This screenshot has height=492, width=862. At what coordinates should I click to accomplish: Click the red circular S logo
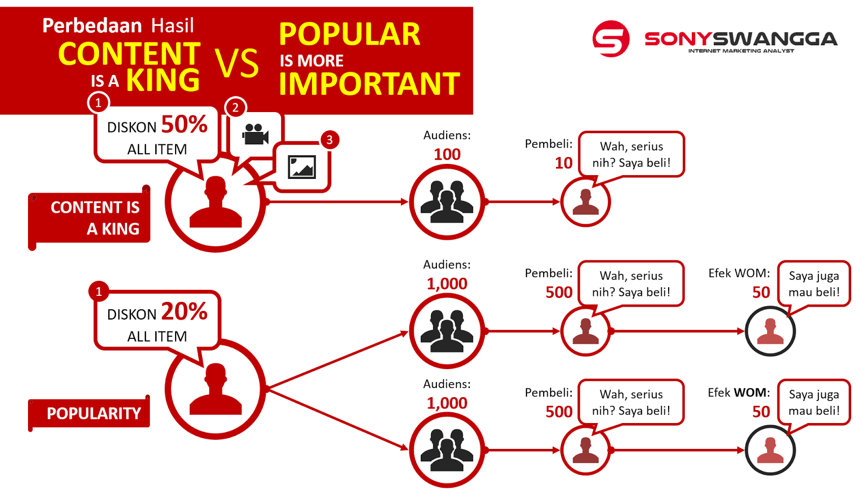[611, 38]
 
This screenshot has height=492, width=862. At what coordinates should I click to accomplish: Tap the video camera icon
[255, 134]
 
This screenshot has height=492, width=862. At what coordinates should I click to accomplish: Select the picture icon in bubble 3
[302, 167]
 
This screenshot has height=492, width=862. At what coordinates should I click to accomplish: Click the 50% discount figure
[184, 124]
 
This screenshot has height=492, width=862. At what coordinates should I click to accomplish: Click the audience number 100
[447, 154]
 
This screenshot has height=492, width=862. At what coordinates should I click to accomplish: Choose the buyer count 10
[564, 163]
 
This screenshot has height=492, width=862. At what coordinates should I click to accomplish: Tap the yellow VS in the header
[237, 63]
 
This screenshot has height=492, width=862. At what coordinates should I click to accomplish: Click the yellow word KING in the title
[163, 80]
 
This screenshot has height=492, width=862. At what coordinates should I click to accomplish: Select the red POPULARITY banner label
[89, 413]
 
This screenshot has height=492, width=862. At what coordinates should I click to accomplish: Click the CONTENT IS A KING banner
[89, 218]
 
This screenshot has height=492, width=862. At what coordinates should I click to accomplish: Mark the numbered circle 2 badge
[235, 107]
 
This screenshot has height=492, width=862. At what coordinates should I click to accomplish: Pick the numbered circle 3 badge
[329, 140]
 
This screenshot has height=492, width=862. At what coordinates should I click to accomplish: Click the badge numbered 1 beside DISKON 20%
[99, 292]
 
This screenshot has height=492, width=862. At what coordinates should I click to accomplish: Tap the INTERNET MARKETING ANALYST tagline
[741, 51]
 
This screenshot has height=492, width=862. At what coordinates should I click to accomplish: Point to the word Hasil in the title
[172, 26]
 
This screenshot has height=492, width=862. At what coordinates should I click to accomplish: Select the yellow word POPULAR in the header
[350, 34]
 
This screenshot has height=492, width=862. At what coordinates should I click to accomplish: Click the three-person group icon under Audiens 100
[447, 202]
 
